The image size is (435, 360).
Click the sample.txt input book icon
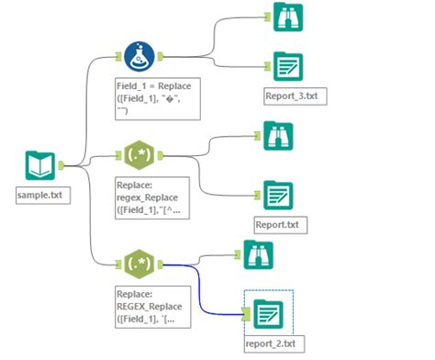coord(37,166)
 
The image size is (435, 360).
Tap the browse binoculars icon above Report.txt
coord(279,138)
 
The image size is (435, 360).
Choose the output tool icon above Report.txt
coord(278,195)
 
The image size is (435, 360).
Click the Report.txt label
coord(279,222)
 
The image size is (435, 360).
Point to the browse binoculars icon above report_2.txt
coord(259,254)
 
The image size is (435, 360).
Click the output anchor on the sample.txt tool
coord(60,166)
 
